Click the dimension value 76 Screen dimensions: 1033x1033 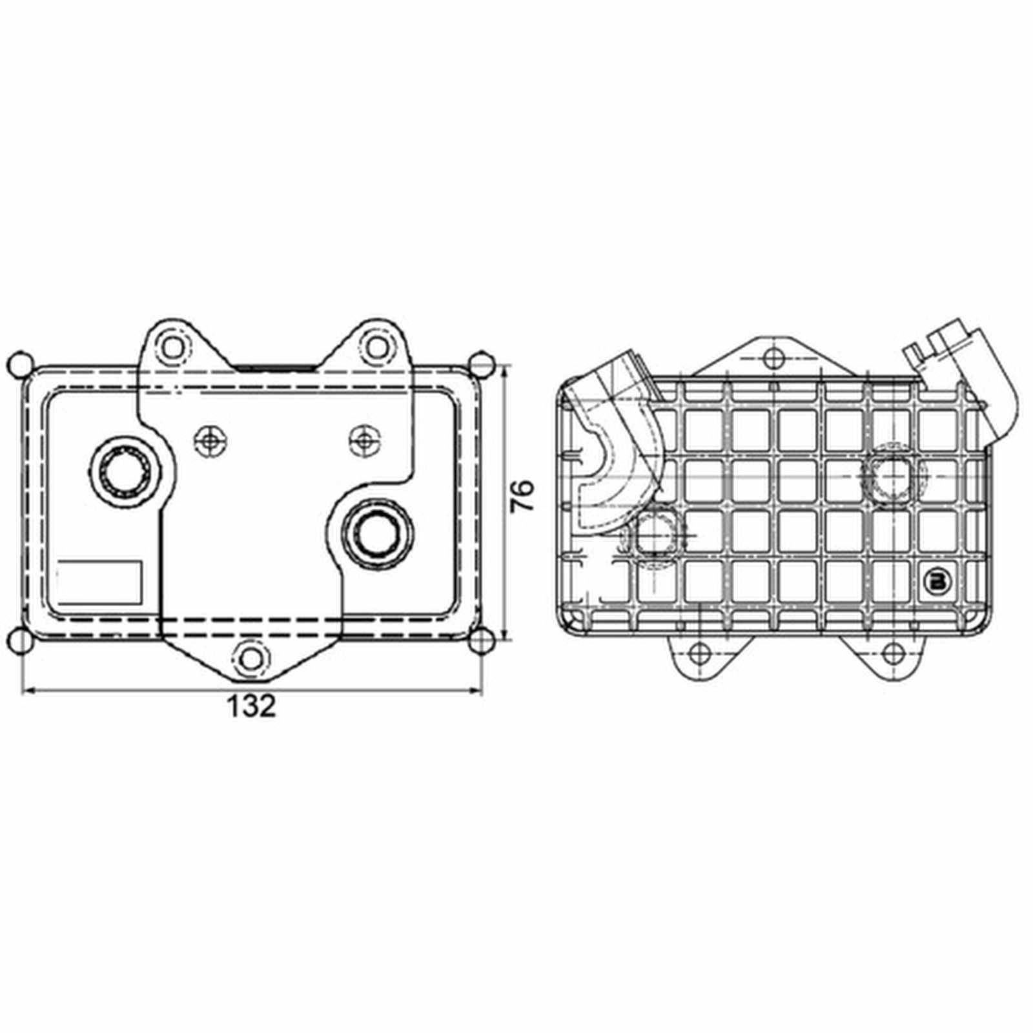pyautogui.click(x=522, y=496)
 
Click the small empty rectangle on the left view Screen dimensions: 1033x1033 pyautogui.click(x=99, y=582)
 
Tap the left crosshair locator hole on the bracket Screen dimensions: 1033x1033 pyautogui.click(x=209, y=440)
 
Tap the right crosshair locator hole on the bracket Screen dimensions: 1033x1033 pyautogui.click(x=364, y=440)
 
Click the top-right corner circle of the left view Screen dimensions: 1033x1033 pyautogui.click(x=481, y=364)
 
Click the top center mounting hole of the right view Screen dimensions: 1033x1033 pyautogui.click(x=772, y=357)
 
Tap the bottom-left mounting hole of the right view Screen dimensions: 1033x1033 pyautogui.click(x=698, y=653)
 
